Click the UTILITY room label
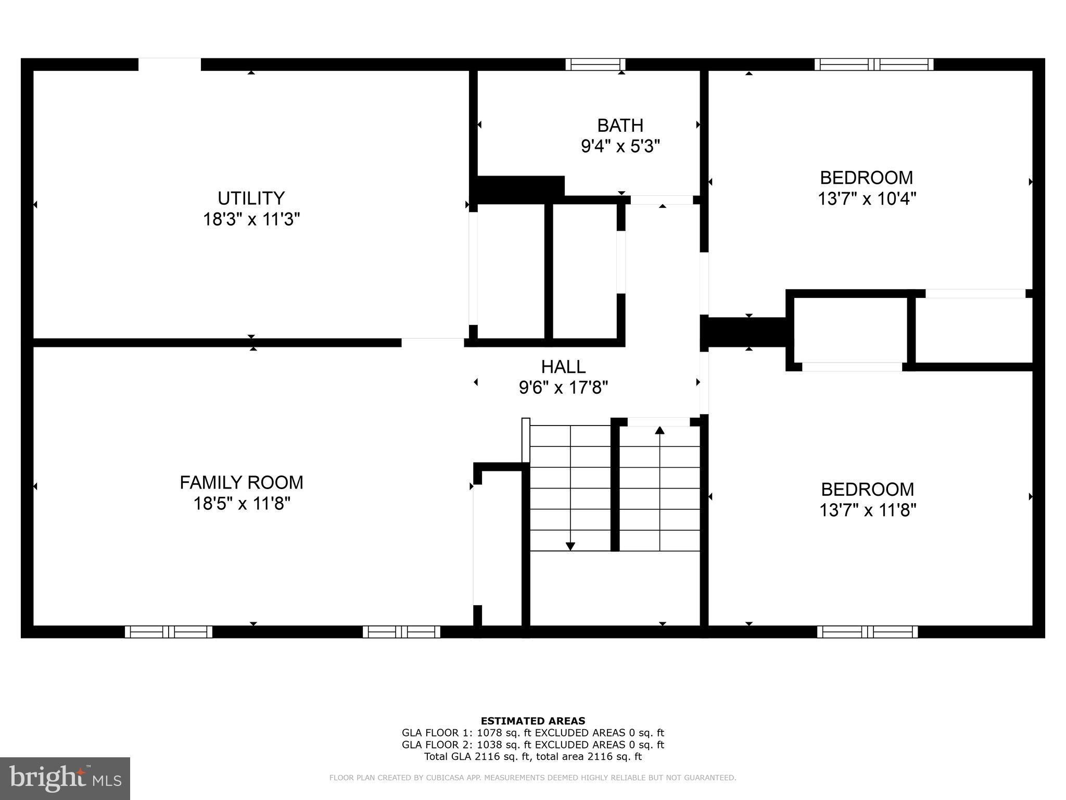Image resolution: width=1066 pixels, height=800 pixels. click(251, 198)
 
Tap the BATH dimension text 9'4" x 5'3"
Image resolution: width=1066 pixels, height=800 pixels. click(620, 146)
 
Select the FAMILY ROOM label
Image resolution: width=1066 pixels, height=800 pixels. click(242, 482)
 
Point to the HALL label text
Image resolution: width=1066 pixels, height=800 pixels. click(563, 367)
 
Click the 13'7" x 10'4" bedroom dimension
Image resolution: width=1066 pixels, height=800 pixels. click(867, 198)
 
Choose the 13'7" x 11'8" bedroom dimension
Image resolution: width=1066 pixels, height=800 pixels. click(868, 510)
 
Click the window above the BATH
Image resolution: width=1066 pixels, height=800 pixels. click(595, 65)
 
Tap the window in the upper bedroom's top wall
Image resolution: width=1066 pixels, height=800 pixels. click(873, 65)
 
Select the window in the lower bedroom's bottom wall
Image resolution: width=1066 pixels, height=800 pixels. click(867, 632)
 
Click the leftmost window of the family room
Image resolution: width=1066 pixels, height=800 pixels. click(169, 632)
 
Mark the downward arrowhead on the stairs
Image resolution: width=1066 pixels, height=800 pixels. click(570, 546)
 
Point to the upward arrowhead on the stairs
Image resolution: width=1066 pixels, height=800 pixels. click(660, 430)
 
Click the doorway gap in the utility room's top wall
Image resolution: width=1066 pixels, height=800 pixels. click(170, 65)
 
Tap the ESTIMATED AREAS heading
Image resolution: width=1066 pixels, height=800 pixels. click(533, 721)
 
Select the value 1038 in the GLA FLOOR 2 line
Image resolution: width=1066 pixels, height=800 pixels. click(488, 745)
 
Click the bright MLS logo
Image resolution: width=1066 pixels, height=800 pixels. click(65, 778)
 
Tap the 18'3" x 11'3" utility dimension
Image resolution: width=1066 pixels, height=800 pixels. click(251, 219)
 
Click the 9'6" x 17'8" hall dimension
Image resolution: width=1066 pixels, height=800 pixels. click(563, 387)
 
